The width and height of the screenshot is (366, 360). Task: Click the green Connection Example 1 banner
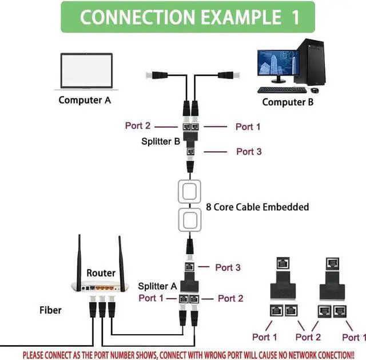188,17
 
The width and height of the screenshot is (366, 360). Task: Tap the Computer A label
85,100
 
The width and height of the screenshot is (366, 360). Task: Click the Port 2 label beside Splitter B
138,126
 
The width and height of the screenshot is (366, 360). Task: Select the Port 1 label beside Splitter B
248,126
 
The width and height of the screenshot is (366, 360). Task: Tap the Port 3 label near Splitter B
249,152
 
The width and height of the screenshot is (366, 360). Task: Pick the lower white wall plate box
190,220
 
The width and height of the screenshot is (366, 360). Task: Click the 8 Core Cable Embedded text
257,207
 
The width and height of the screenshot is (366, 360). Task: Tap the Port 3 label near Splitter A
228,267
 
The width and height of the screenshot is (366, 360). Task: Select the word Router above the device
101,273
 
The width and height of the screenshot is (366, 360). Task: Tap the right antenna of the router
121,258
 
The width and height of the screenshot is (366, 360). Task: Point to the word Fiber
50,310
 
